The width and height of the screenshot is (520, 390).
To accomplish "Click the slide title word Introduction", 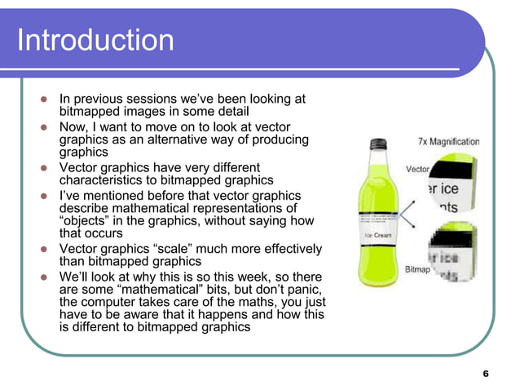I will [95, 40].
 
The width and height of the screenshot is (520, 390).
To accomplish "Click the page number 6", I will [486, 374].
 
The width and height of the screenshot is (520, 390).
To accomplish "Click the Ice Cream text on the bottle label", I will [377, 235].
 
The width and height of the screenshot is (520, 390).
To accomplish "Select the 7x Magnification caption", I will [449, 141].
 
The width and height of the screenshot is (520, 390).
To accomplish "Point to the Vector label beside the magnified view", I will [417, 170].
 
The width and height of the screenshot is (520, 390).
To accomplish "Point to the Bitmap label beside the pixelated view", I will [418, 268].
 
